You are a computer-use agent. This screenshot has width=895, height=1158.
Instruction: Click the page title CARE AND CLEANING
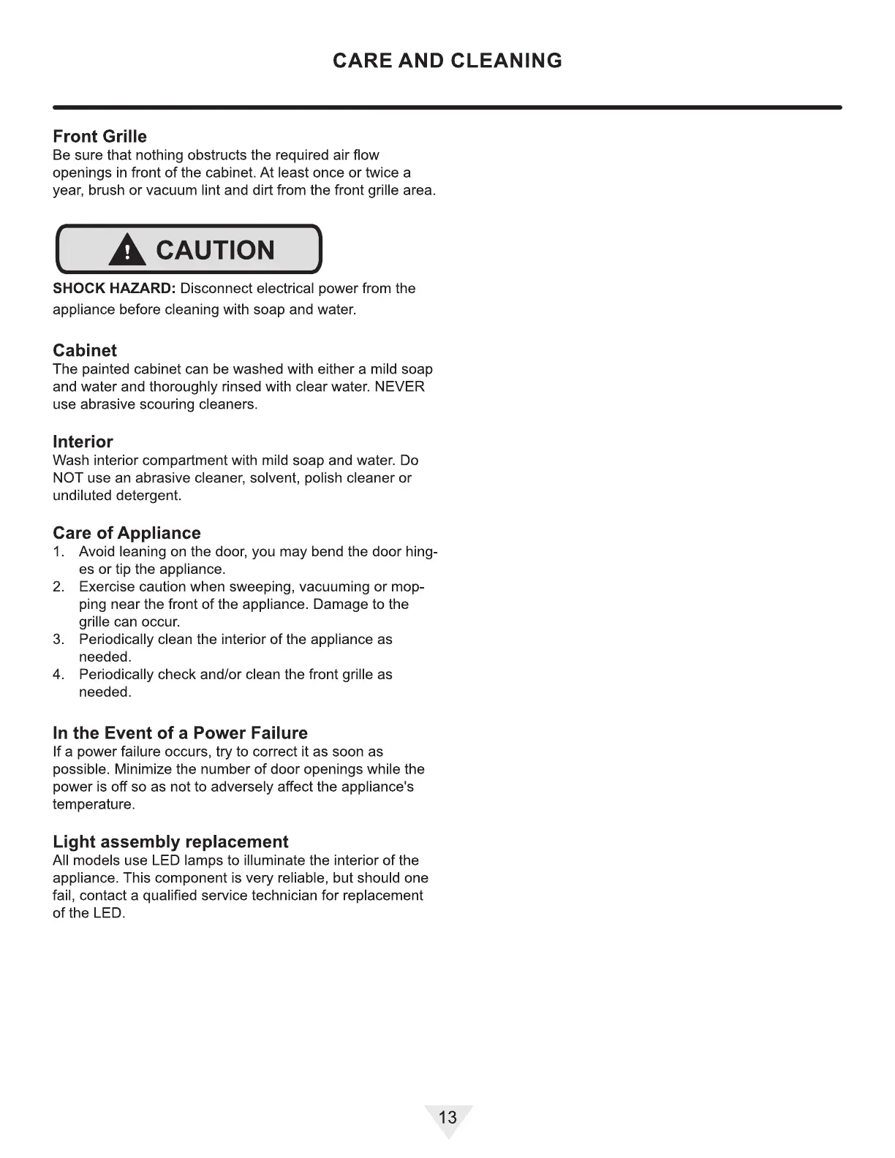(447, 61)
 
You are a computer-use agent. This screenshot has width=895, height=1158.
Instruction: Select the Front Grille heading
(99, 137)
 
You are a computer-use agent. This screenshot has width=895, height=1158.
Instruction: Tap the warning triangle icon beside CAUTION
(127, 251)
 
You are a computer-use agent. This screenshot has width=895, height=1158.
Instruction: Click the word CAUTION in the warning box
(215, 251)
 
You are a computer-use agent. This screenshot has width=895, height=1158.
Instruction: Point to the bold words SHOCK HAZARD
(113, 289)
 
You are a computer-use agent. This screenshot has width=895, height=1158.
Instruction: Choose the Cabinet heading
(85, 351)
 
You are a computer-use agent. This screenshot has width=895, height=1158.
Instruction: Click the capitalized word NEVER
(399, 387)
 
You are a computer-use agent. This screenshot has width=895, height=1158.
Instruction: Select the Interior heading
(83, 442)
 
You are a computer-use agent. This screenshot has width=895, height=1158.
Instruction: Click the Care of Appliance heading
(126, 534)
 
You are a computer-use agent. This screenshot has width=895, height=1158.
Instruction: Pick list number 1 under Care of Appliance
(58, 552)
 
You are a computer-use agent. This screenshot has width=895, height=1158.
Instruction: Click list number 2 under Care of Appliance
(58, 587)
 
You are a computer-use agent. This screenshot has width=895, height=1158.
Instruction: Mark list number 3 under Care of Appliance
(58, 640)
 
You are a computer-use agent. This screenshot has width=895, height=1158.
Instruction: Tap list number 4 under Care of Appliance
(58, 675)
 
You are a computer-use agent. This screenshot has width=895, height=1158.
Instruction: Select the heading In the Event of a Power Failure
(180, 733)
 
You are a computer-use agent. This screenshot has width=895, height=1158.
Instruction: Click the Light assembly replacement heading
(170, 842)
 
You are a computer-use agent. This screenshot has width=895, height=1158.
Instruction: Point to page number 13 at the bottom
(447, 1117)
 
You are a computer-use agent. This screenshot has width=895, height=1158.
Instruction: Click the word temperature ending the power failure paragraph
(93, 805)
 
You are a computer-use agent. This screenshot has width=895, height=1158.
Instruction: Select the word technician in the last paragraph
(282, 896)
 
